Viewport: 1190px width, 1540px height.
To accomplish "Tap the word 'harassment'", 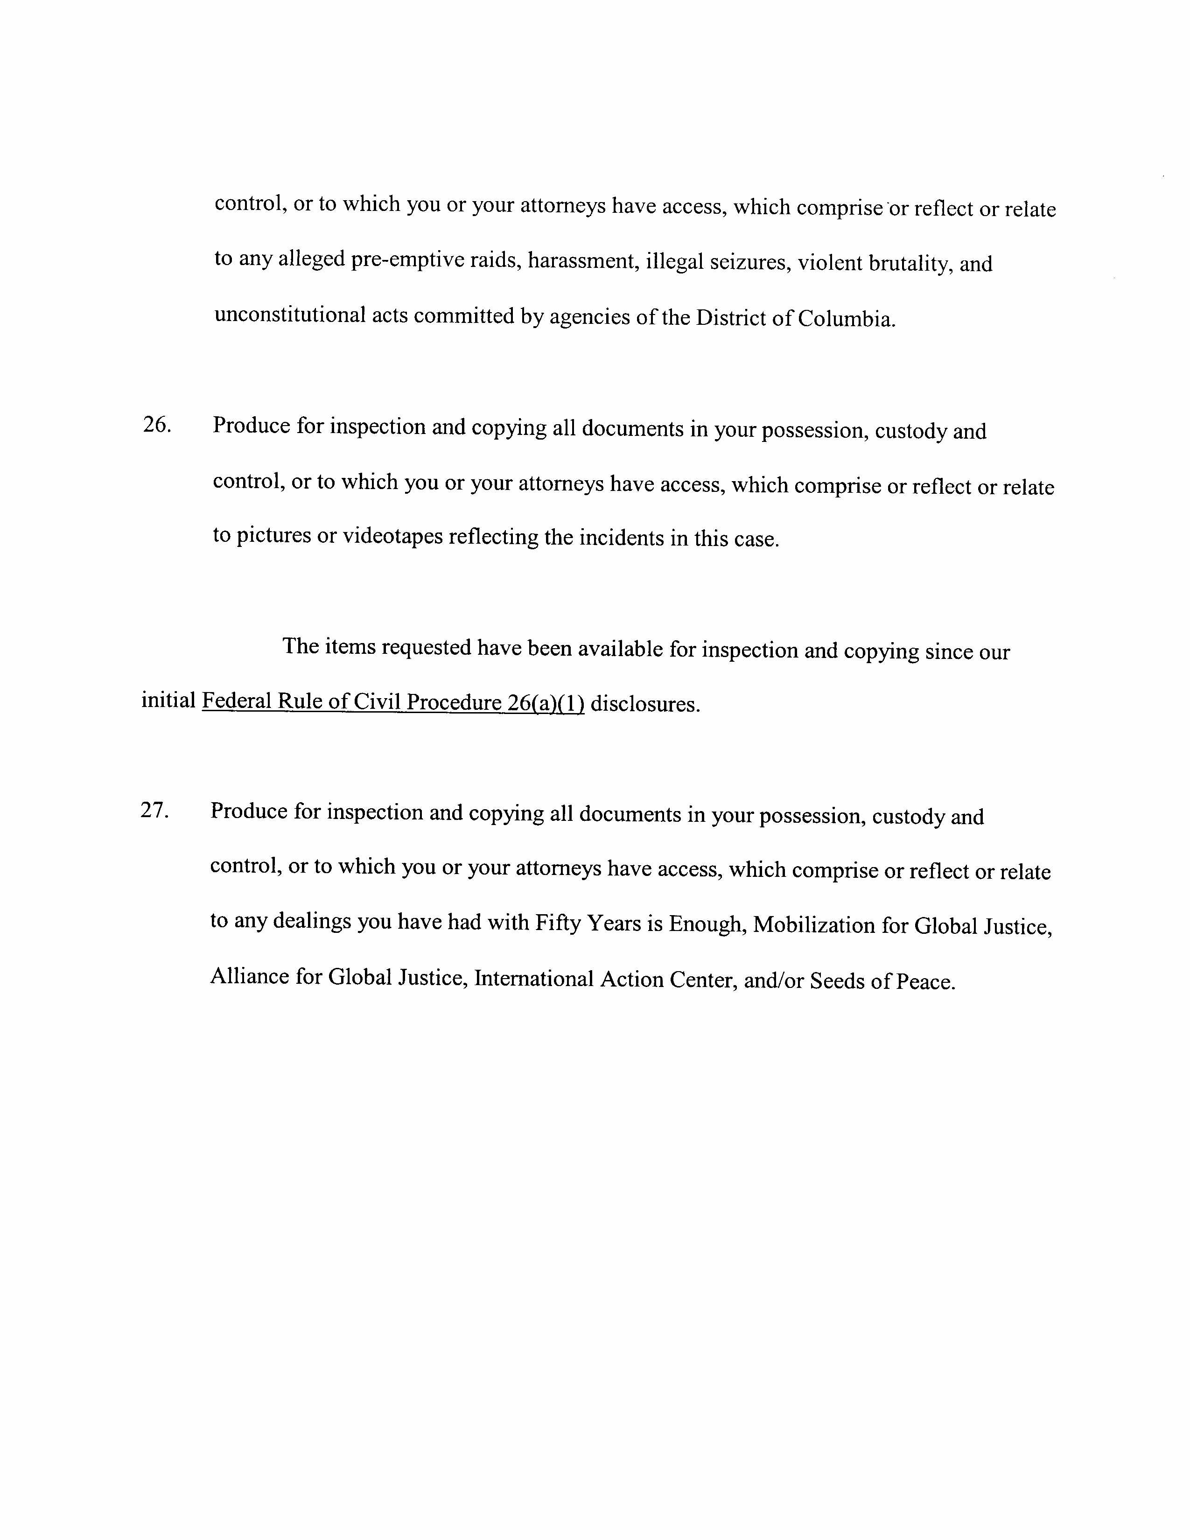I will pyautogui.click(x=580, y=262).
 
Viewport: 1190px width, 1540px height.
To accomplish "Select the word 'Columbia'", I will pyautogui.click(x=846, y=319).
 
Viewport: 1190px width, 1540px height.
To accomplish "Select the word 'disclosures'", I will pyautogui.click(x=645, y=704).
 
